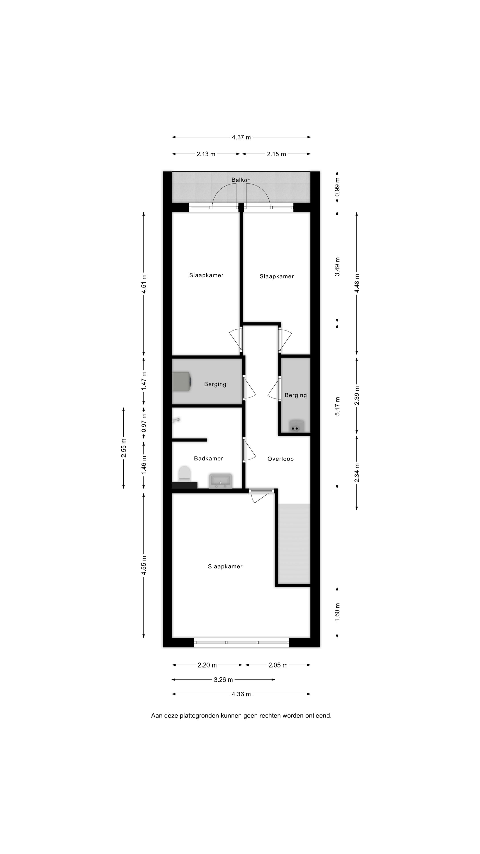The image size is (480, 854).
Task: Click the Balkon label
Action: click(x=241, y=180)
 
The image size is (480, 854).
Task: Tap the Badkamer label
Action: click(x=208, y=459)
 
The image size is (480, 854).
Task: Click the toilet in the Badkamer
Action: click(x=184, y=474)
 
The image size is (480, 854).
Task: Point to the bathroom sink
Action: click(x=220, y=481)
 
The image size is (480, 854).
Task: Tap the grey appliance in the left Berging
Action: click(x=181, y=382)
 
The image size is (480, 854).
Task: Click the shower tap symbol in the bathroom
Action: click(x=176, y=420)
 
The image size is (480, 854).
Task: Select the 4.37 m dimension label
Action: click(x=241, y=137)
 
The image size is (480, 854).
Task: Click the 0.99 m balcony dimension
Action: click(x=337, y=187)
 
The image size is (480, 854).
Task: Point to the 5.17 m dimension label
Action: click(x=337, y=406)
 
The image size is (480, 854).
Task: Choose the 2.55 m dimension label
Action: click(x=124, y=448)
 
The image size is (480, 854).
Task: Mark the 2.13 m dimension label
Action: click(x=206, y=154)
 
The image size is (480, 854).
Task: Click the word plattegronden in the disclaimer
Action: click(x=199, y=716)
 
